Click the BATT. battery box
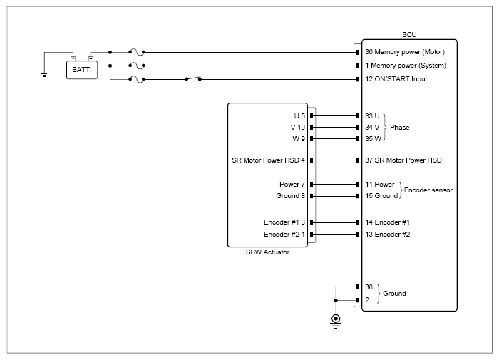82,70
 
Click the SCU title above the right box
409,35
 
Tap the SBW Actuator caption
267,252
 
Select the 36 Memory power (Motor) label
405,52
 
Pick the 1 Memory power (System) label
406,66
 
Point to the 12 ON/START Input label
396,79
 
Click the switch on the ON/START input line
193,78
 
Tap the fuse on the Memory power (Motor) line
137,52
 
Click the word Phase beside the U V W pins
400,128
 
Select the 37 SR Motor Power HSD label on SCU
403,160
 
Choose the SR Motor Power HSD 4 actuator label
268,160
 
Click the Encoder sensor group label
428,190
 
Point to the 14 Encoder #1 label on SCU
388,222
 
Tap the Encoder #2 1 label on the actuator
284,235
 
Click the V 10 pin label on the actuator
297,128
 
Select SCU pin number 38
369,287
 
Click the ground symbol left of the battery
44,75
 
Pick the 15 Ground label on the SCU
381,196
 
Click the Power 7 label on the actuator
292,185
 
